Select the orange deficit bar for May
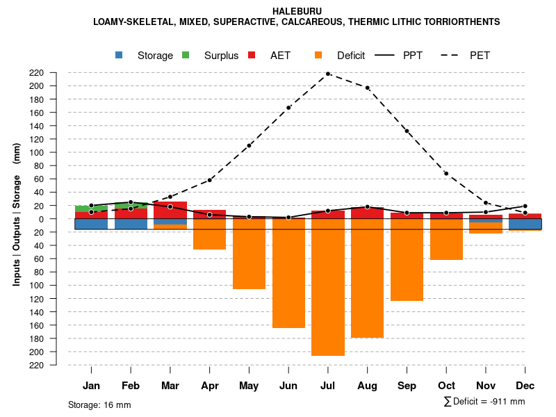(x=249, y=254)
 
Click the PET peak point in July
(x=328, y=74)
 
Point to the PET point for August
(x=367, y=88)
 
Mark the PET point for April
(x=209, y=180)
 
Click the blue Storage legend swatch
(x=120, y=55)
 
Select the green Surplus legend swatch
(x=186, y=55)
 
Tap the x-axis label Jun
(x=288, y=386)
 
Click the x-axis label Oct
(x=446, y=386)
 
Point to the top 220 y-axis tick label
(x=56, y=73)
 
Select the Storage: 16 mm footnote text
(x=99, y=404)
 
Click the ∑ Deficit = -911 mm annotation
(x=484, y=402)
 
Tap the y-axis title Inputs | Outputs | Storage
(x=17, y=214)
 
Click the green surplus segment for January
(x=91, y=208)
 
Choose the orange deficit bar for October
(x=446, y=239)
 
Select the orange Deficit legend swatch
(x=318, y=55)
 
